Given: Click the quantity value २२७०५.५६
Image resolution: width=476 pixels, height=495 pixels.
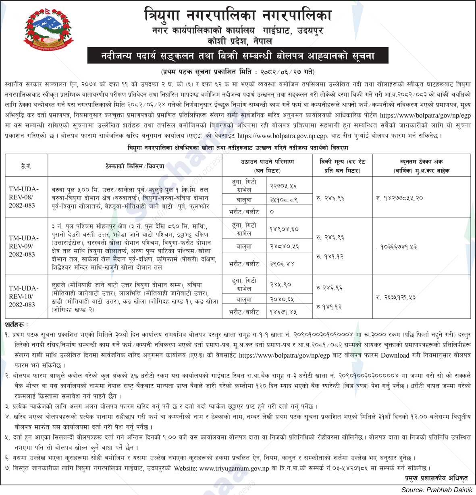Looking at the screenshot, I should [283, 186].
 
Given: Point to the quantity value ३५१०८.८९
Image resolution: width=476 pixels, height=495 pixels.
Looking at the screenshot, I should [284, 199].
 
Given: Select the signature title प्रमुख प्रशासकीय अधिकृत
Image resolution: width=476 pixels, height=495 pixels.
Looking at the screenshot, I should [437, 478].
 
